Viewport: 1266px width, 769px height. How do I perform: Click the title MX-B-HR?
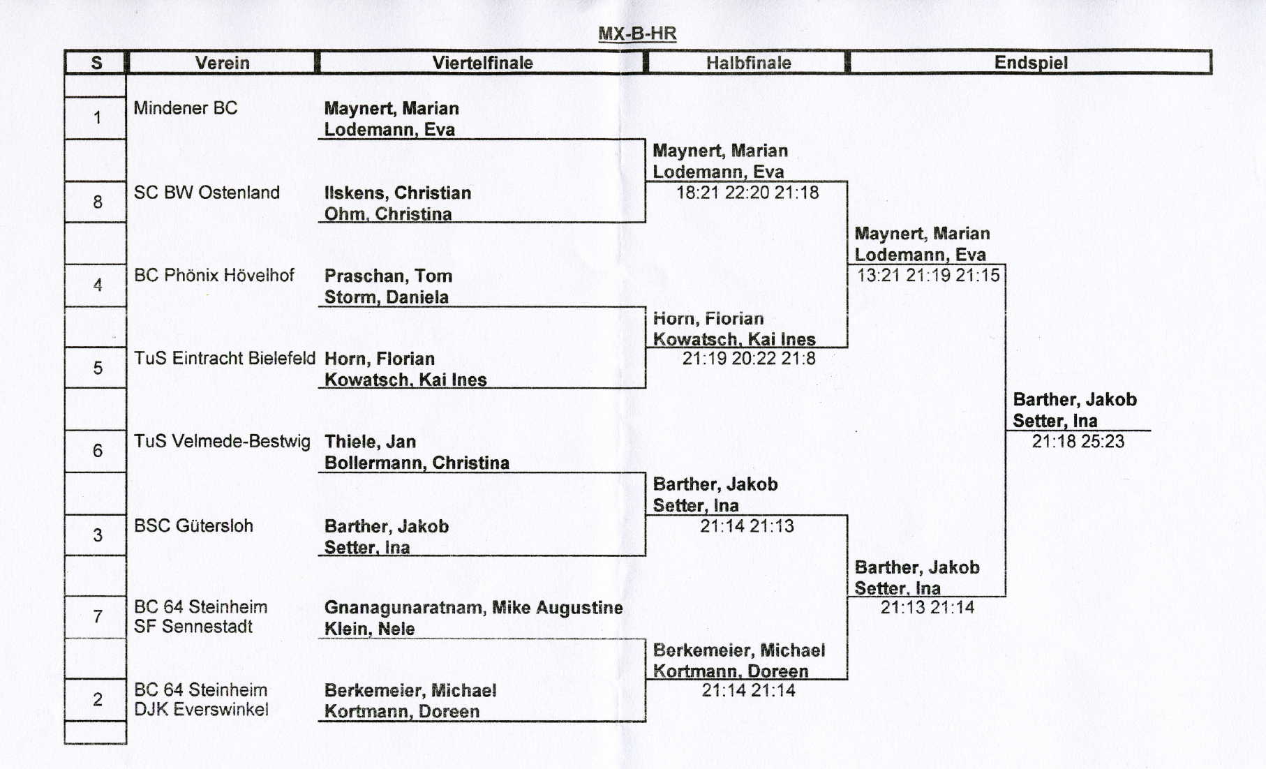point(637,33)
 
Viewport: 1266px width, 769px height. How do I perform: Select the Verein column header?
point(222,63)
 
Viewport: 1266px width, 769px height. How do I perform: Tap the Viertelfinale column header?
point(482,63)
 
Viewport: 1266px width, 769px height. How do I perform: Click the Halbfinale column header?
point(748,63)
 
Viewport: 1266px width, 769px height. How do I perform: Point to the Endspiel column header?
point(1031,63)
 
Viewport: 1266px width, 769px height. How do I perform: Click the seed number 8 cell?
point(97,202)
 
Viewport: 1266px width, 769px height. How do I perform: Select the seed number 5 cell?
point(97,368)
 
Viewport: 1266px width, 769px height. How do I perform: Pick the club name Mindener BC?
point(186,108)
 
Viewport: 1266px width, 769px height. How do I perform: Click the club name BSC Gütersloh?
point(193,525)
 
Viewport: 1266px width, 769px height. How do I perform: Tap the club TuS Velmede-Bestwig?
point(222,441)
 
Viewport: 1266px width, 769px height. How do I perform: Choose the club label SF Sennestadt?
point(193,627)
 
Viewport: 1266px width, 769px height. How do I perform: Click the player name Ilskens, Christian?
point(398,193)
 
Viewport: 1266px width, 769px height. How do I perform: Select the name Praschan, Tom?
point(388,276)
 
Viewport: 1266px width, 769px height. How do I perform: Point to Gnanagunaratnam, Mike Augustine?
point(473,608)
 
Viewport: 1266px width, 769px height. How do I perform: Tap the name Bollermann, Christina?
point(417,463)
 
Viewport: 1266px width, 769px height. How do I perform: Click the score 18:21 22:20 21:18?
point(747,193)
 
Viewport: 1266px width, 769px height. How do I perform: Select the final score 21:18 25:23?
point(1078,441)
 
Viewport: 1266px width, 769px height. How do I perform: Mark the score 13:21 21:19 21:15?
point(928,275)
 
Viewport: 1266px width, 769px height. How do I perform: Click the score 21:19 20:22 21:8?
point(749,359)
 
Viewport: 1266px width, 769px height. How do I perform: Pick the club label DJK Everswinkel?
point(201,710)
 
